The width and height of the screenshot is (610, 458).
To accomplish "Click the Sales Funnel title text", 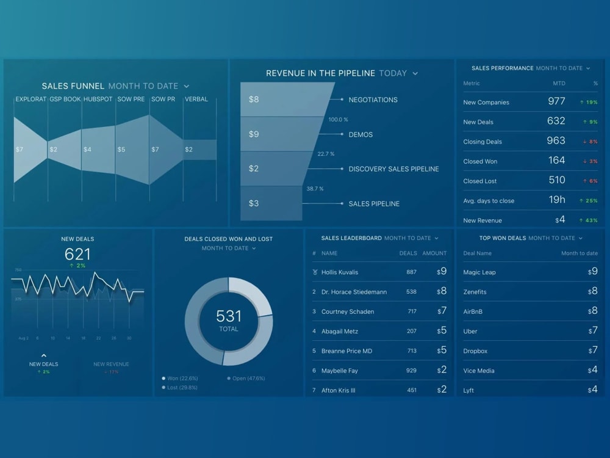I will click(73, 86).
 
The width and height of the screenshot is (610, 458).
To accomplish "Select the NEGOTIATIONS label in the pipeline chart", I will click(373, 100).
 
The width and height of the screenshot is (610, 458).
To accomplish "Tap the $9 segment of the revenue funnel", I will click(254, 134).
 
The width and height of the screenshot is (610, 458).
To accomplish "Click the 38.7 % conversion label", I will click(315, 189).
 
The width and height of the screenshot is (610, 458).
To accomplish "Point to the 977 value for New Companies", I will click(556, 101).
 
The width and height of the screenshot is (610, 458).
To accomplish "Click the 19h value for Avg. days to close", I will click(556, 200).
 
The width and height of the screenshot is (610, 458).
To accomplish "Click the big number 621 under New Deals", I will click(77, 255).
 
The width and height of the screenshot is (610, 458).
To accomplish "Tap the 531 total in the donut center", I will click(229, 316).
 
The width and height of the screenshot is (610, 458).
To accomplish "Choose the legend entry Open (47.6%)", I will click(248, 378).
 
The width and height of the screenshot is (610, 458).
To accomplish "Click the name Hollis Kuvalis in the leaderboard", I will click(340, 272).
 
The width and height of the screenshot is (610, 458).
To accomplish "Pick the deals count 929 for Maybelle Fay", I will click(411, 371).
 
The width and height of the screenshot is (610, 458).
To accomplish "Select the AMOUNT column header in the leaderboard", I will click(434, 253).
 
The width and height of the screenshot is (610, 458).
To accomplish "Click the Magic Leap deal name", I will click(479, 272).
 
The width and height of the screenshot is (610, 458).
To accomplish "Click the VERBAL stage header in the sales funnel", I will click(196, 99).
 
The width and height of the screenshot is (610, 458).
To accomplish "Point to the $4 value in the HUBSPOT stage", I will click(87, 150).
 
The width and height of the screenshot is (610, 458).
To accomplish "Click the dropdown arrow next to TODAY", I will click(415, 73).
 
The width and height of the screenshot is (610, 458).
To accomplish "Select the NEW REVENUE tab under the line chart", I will click(111, 364).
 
